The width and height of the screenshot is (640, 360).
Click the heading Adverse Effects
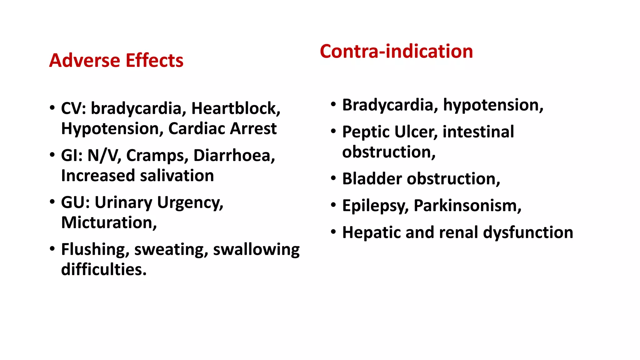pos(116,60)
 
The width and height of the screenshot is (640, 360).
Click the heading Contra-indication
pos(396,51)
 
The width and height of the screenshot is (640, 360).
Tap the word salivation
pos(177,176)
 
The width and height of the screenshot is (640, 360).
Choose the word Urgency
pos(190,202)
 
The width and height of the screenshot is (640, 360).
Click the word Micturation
pos(108,222)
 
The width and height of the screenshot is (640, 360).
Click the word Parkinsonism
pos(467,206)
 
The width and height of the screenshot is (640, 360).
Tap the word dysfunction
pos(528,232)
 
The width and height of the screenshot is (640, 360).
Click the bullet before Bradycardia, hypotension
pos(333,104)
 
